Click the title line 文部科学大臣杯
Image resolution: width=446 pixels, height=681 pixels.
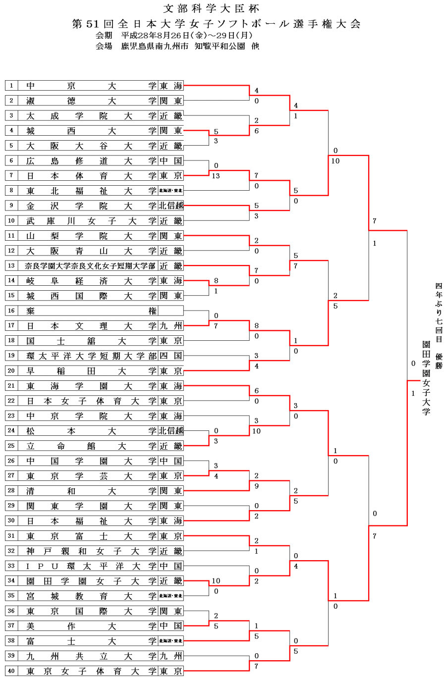pos(211,8)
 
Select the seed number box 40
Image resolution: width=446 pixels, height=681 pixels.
pos(11,671)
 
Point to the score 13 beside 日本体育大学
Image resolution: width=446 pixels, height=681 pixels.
pos(216,176)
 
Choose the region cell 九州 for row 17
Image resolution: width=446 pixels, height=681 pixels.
pos(171,325)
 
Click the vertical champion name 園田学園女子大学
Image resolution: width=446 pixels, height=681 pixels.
pos(426,377)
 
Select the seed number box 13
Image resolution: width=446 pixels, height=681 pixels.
pos(11,265)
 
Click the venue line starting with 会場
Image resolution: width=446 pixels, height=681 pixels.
pos(177,46)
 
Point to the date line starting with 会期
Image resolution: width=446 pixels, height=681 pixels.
pos(174,35)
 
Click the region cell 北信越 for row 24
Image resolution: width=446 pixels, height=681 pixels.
pos(171,431)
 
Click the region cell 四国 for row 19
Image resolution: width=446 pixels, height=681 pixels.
pos(171,356)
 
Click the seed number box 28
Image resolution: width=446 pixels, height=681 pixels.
pos(11,491)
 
